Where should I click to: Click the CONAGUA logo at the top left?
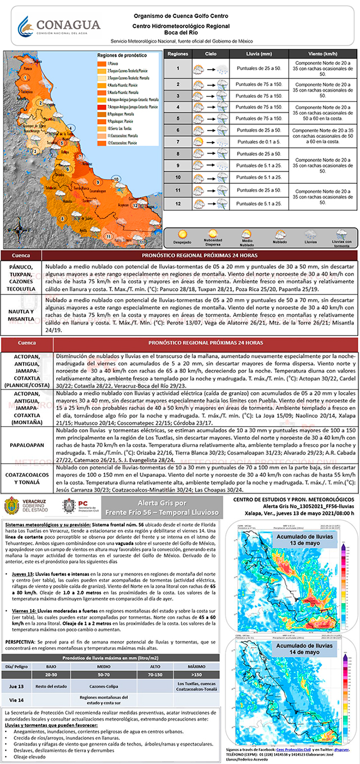point(59,26)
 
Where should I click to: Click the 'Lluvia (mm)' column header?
point(259,54)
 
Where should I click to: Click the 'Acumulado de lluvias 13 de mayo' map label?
point(312,535)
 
